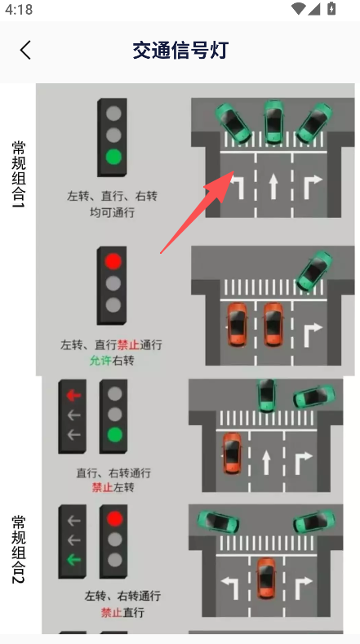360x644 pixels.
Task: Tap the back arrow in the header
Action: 25,50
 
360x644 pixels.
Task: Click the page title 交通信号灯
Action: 180,51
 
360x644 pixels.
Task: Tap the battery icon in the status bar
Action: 331,9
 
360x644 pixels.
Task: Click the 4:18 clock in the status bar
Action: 19,9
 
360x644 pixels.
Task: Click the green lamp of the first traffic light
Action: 113,157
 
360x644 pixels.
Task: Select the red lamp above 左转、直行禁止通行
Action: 113,261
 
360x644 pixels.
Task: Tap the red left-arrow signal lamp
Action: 74,395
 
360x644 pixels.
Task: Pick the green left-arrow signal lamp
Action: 74,559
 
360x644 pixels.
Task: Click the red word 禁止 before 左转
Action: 102,488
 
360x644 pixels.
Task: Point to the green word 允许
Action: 100,361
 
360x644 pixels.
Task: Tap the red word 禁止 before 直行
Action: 111,613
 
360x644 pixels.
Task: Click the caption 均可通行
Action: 112,213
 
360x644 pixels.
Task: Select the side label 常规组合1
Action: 19,174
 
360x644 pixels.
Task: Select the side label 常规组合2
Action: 19,549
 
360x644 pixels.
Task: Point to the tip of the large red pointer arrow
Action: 233,171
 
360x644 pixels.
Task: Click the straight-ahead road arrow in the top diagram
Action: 273,186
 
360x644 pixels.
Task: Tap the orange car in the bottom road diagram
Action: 266,578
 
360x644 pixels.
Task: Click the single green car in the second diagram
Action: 314,271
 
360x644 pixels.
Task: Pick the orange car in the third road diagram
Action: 232,453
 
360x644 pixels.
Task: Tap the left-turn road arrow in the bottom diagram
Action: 230,584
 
